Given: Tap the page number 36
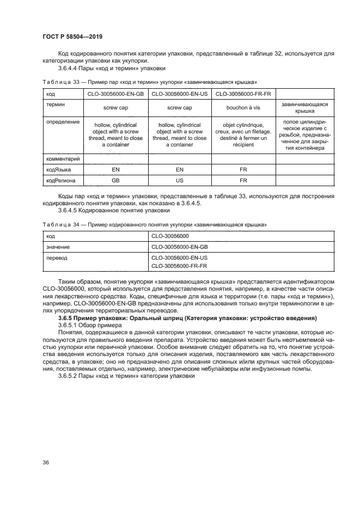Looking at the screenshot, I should click(x=46, y=462).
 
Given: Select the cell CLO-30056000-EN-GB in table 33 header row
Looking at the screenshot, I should click(x=115, y=94).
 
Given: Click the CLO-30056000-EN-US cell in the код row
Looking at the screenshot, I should click(x=179, y=94).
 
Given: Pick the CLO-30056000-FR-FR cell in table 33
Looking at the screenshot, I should click(x=243, y=94).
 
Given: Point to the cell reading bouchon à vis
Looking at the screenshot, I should click(x=243, y=108).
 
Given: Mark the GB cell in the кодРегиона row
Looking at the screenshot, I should click(x=115, y=181).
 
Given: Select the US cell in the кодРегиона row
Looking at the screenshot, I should click(x=179, y=181).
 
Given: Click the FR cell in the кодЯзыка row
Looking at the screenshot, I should click(x=243, y=170).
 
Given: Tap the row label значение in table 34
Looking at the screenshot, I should click(x=58, y=247).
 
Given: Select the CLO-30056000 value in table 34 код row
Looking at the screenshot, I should click(x=170, y=236).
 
